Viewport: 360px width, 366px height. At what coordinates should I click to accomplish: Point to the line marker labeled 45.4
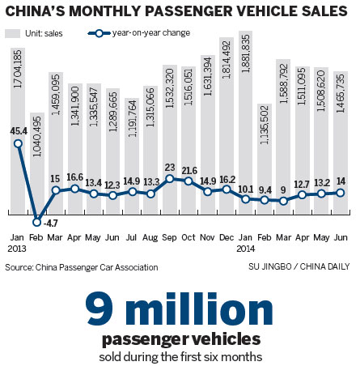point(18,144)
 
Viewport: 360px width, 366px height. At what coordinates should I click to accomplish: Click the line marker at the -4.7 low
point(37,221)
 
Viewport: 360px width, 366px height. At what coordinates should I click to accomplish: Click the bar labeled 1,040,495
point(37,170)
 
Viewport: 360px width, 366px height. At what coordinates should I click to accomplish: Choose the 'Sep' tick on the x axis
point(170,237)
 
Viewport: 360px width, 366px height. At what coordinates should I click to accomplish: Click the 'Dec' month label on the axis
point(226,237)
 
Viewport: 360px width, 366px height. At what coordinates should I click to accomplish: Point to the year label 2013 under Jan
point(19,249)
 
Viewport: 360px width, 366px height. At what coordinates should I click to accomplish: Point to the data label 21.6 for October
point(188,171)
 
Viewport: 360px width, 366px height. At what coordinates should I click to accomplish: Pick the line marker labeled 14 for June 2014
point(340,192)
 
